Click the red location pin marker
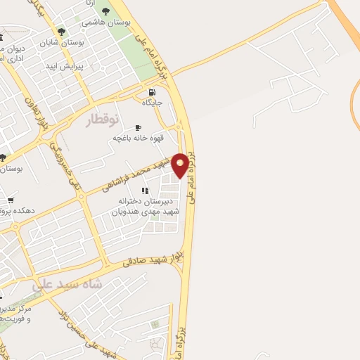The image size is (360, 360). tap(181, 165)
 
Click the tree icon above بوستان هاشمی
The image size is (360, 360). tap(105, 11)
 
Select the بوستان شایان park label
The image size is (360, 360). tap(81, 42)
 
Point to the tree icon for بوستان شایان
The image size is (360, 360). tap(62, 32)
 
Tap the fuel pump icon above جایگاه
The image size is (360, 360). tap(152, 92)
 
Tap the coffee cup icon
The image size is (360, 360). tap(138, 127)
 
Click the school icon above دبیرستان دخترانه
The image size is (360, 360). tap(145, 191)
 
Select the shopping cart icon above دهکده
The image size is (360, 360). tap(11, 200)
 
